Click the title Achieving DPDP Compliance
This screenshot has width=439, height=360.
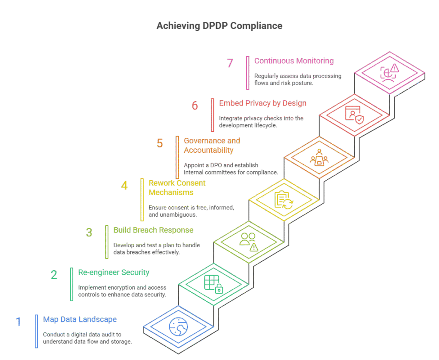point(219,26)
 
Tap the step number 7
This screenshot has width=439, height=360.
point(230,63)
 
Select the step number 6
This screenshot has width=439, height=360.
point(195,105)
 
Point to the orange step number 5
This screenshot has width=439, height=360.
point(159,143)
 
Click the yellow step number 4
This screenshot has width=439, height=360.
point(124,186)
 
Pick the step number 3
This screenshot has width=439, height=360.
point(89,232)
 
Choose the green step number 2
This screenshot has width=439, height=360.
point(54,274)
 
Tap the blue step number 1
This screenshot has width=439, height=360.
point(18,321)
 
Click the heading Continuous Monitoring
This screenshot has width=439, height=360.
point(294,61)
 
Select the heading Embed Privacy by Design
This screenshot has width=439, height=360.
point(262,103)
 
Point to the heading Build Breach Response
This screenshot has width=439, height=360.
point(153,230)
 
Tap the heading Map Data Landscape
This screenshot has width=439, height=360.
point(80,320)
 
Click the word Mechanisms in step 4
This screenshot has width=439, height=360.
point(171,193)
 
